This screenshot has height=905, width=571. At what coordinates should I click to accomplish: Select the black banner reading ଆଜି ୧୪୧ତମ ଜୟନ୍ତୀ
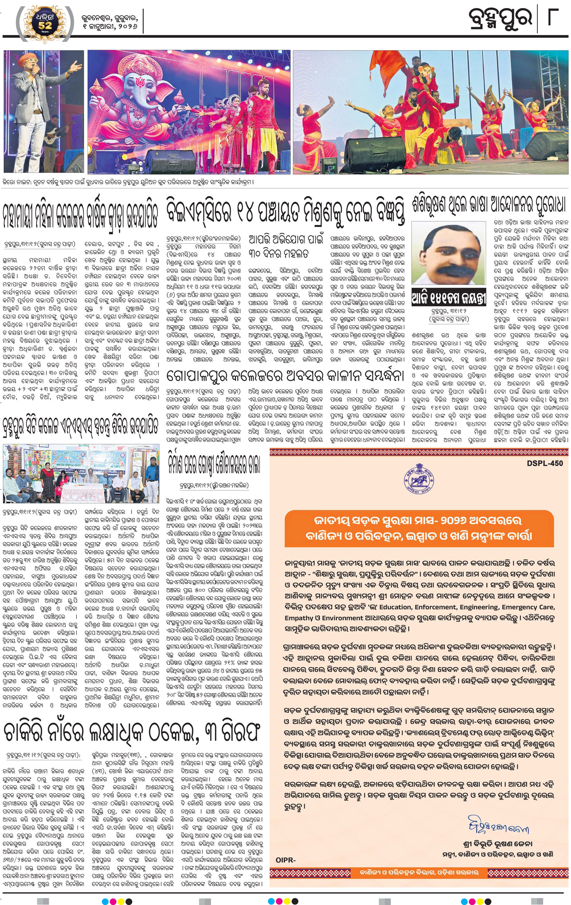point(448,299)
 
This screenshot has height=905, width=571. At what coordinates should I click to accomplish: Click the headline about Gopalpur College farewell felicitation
point(285,375)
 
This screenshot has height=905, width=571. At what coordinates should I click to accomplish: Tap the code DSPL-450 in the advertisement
point(545,463)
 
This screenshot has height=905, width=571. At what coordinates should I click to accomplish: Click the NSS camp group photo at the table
point(81,474)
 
